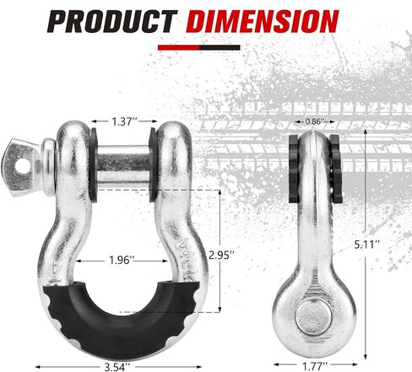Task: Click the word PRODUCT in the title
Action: pos(112,21)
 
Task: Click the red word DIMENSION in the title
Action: pos(262,21)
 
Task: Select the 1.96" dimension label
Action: pos(121,261)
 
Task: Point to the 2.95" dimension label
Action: pos(221,255)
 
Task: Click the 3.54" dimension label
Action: pos(117,367)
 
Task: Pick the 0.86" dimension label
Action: pos(314,121)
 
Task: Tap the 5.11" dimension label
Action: pos(367,245)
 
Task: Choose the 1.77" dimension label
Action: pos(315,366)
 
